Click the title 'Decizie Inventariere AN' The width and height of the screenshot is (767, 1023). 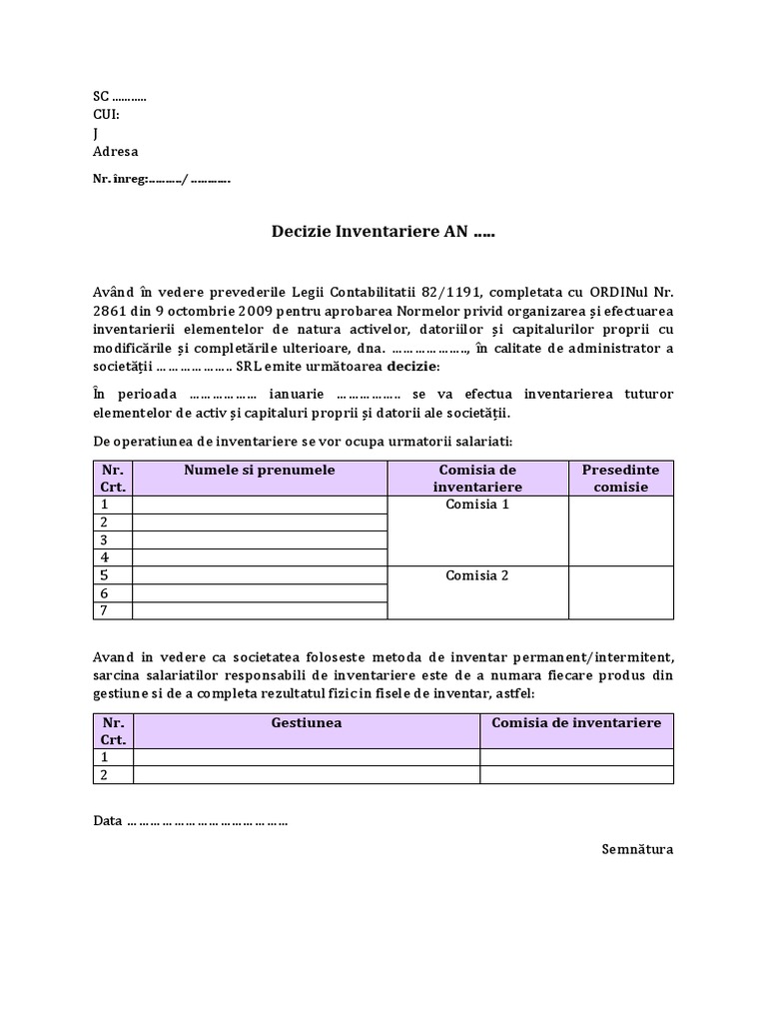coord(383,232)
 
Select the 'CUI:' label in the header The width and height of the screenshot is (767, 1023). coord(107,115)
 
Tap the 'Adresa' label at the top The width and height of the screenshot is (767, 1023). coord(115,152)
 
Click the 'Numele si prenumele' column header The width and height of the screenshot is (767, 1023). coord(260,470)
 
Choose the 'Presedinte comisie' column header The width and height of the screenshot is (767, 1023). coord(620,478)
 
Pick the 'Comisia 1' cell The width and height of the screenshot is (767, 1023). coord(477,505)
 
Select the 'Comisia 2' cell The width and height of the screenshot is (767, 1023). coord(477,575)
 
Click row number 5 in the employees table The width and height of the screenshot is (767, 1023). coord(103,575)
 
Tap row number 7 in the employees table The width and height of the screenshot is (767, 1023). coord(103,610)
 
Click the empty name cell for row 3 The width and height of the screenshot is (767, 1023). coord(260,539)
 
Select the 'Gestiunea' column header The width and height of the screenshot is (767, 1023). coord(307,722)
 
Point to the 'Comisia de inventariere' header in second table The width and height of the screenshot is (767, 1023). coord(576,722)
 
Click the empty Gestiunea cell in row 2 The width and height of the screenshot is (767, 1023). coord(307,775)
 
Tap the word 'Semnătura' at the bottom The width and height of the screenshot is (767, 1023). coord(637,849)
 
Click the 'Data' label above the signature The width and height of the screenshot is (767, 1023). coord(107,820)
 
